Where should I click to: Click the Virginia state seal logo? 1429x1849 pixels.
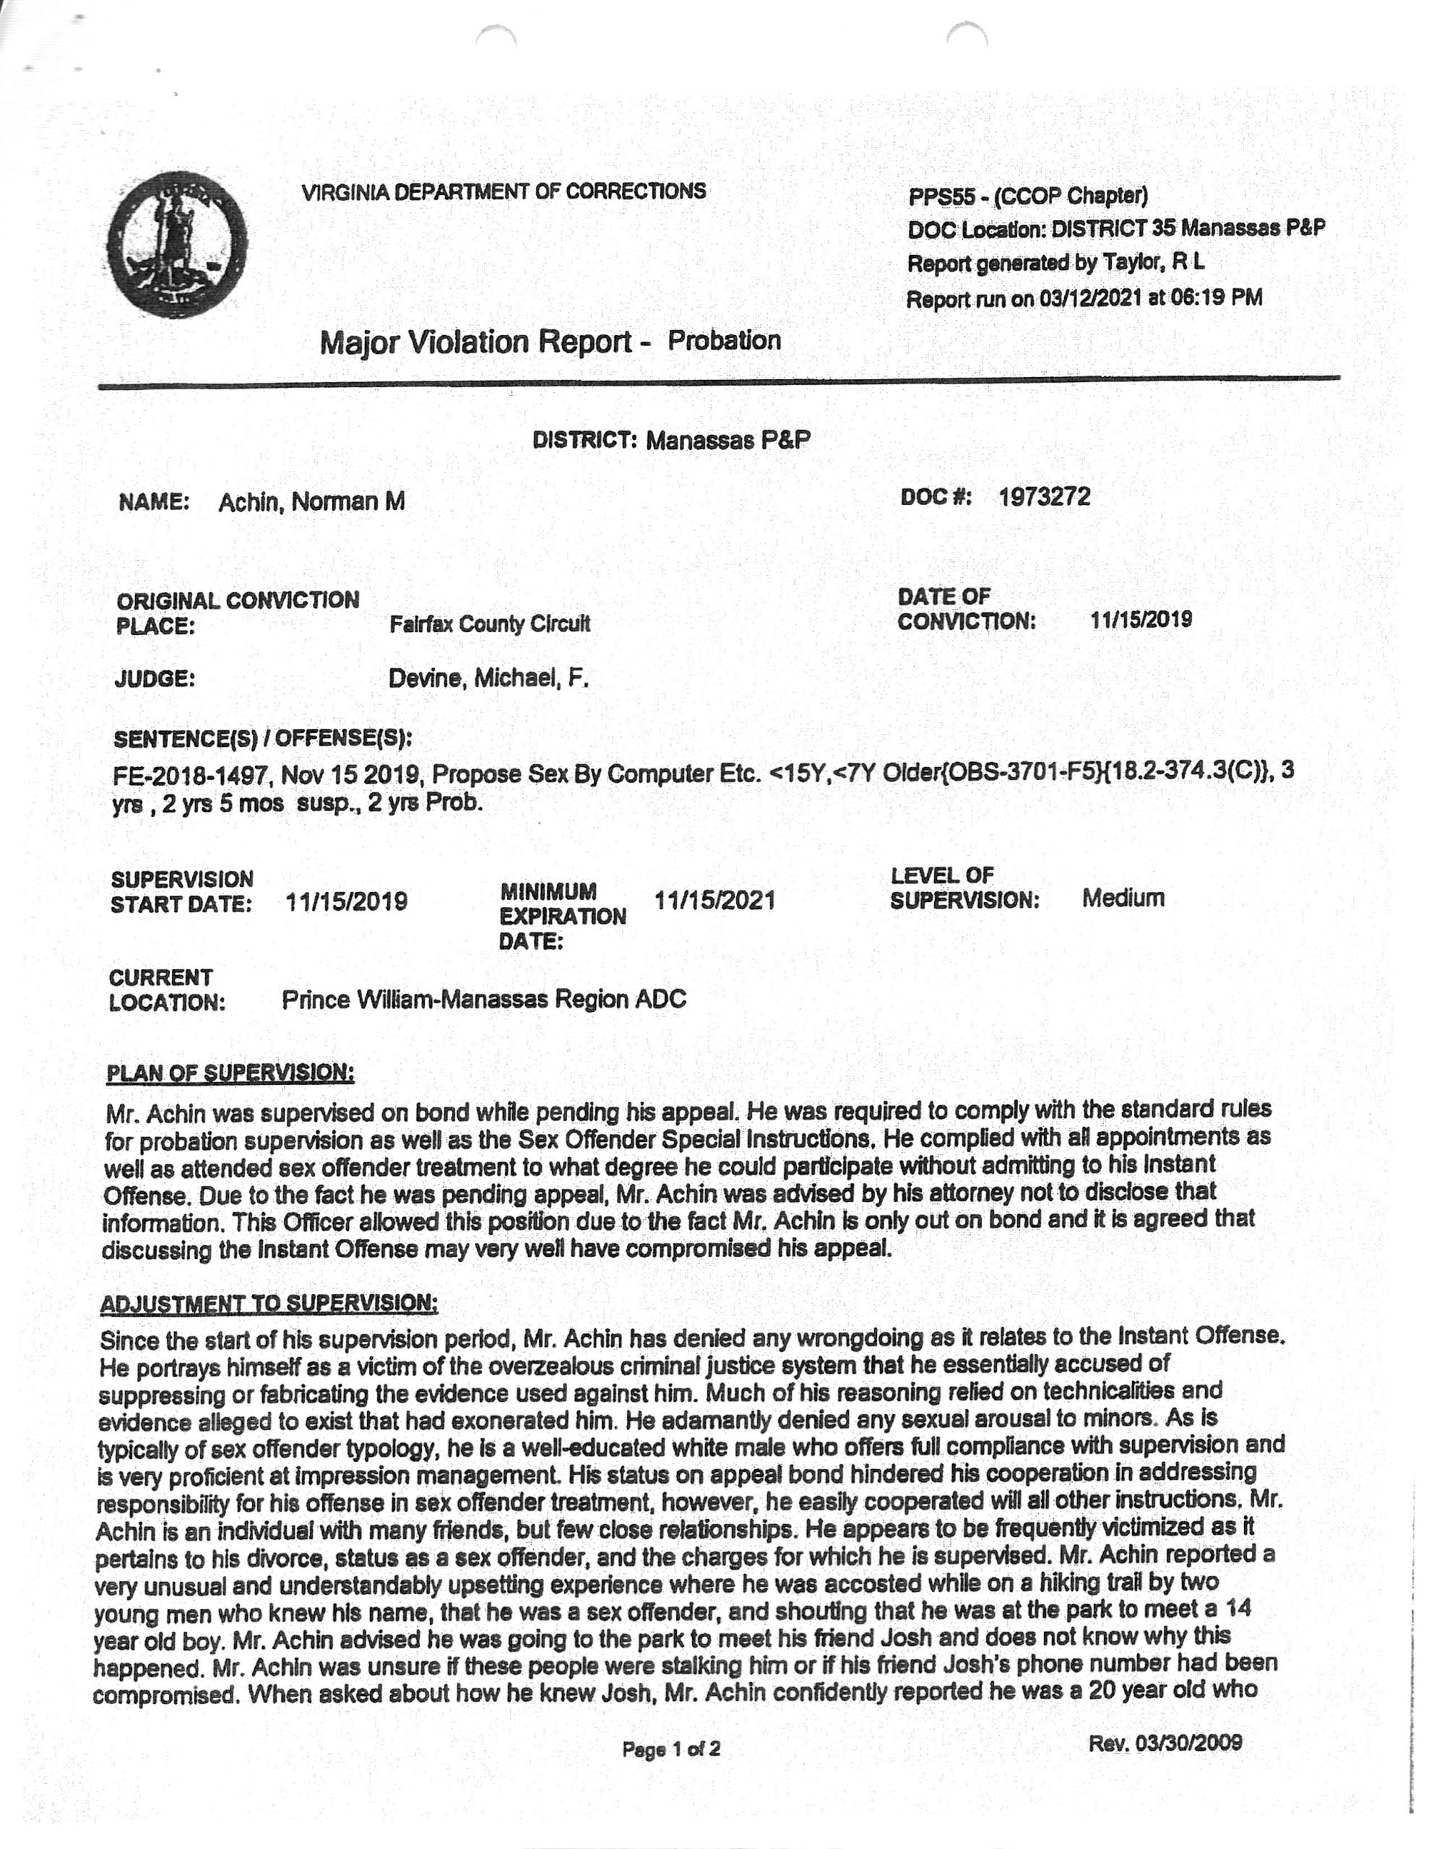pos(177,244)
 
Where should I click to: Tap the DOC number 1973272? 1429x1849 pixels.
pos(1044,496)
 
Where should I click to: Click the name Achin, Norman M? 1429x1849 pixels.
pos(311,502)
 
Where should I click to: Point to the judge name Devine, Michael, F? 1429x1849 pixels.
pos(488,678)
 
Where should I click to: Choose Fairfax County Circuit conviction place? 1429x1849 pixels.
pos(489,625)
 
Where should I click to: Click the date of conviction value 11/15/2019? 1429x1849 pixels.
pos(1140,620)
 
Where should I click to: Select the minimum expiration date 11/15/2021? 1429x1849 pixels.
pos(714,900)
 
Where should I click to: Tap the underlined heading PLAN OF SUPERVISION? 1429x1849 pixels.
pos(230,1073)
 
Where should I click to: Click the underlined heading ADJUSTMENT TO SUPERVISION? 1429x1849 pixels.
pos(269,1304)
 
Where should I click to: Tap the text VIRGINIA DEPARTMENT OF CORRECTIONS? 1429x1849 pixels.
pos(503,191)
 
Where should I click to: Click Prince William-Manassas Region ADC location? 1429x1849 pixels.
pos(483,1000)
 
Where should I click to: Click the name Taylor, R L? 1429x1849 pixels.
pos(1153,264)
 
